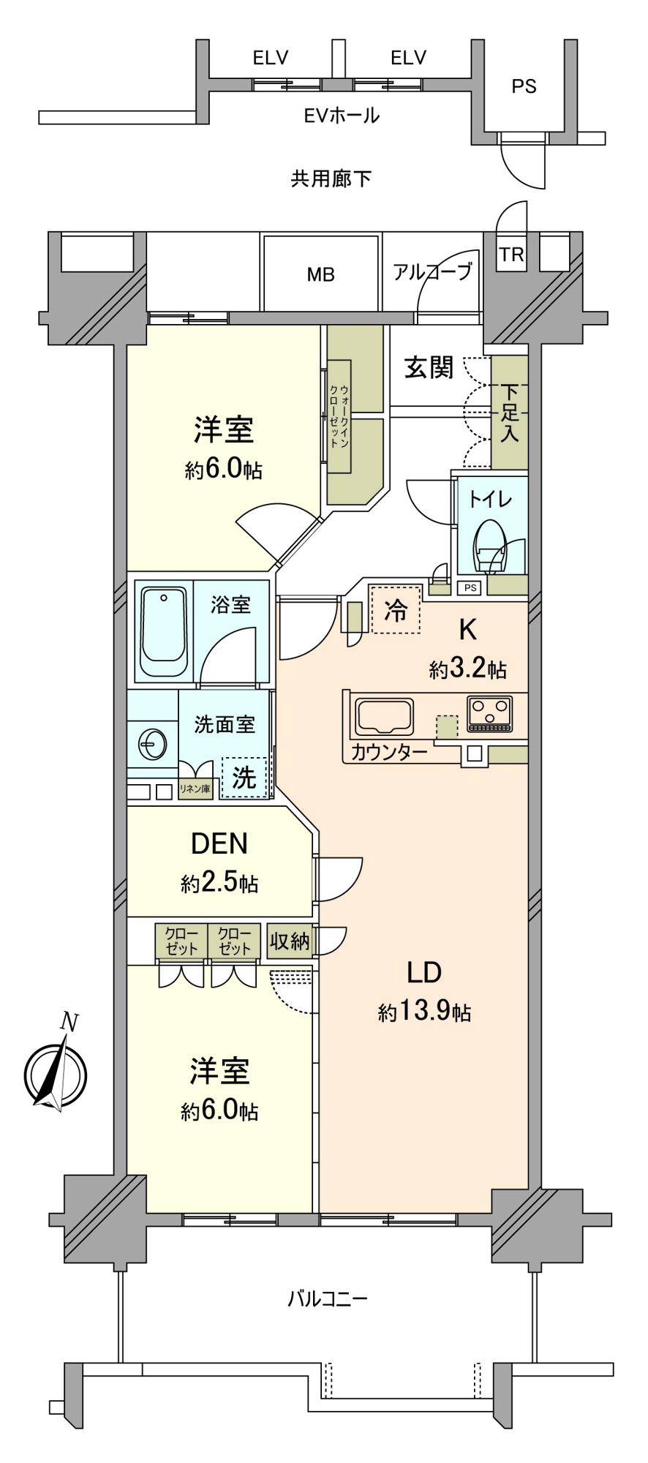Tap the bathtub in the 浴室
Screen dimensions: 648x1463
tap(165, 631)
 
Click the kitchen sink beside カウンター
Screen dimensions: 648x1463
tap(384, 716)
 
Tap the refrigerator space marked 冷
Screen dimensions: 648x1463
tap(396, 609)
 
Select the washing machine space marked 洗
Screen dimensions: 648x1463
tap(244, 777)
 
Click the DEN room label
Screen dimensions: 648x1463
tap(219, 843)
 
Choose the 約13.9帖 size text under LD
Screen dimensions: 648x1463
tap(424, 1012)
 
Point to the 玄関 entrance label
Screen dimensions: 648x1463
tap(429, 368)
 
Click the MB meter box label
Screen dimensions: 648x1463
tap(320, 274)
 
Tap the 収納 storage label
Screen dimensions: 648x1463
tap(290, 940)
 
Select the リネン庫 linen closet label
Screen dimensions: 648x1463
tap(195, 789)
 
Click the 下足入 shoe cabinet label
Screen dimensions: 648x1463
tap(510, 412)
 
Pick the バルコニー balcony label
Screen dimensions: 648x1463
tap(327, 1299)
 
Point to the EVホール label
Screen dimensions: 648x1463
tap(342, 116)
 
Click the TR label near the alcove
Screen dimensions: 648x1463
tap(512, 255)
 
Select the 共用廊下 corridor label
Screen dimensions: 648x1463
tap(331, 178)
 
